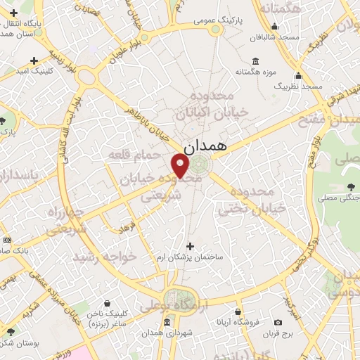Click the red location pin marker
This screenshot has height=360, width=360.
180,166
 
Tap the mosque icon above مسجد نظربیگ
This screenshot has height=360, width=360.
298,75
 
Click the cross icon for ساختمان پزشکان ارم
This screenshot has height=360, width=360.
189,245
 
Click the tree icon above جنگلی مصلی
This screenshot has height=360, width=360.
350,186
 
